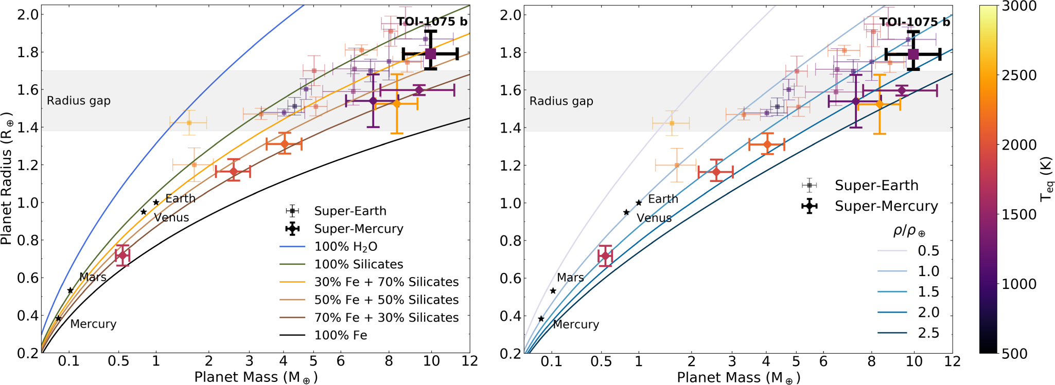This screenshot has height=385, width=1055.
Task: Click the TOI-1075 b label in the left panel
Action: tap(432, 22)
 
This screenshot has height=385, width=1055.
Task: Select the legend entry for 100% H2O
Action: tap(346, 247)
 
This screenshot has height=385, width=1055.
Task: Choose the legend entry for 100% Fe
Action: tap(341, 335)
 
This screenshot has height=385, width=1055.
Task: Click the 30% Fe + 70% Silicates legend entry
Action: tap(386, 282)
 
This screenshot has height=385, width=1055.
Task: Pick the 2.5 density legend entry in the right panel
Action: tap(928, 333)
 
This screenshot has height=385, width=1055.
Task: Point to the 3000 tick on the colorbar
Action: tap(1017, 6)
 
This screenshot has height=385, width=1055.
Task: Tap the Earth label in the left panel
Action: tap(180, 198)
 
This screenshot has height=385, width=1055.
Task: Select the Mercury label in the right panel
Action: tap(576, 324)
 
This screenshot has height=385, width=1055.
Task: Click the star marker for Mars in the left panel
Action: tap(71, 290)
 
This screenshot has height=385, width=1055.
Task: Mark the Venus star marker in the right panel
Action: tap(626, 212)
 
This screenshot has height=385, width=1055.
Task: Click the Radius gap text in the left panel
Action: tap(79, 101)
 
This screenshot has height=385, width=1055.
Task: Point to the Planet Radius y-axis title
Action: tap(7, 178)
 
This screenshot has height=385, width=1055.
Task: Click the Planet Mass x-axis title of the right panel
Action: tap(738, 378)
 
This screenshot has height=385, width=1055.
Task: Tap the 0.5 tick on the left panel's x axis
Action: tap(118, 361)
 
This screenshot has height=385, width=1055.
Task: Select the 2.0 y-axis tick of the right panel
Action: tap(511, 14)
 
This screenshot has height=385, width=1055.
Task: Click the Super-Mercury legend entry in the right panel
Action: tap(886, 206)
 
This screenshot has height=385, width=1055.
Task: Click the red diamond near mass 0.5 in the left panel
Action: tap(122, 255)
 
